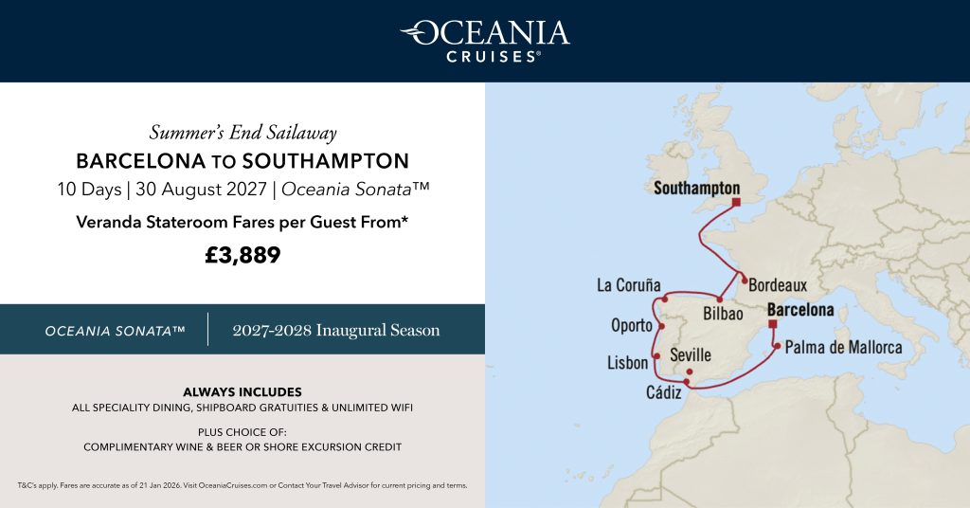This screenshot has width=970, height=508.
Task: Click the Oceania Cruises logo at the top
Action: click(x=484, y=40)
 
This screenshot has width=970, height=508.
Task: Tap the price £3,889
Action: click(x=242, y=255)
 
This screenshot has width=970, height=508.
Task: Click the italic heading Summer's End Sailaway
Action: click(x=242, y=132)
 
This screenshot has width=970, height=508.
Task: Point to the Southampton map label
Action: click(x=696, y=189)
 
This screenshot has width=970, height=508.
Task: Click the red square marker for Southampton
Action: click(x=735, y=201)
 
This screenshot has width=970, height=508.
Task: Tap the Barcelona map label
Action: click(x=800, y=310)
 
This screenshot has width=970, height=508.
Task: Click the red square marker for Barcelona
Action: click(x=773, y=324)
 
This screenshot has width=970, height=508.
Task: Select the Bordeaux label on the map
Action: click(x=778, y=285)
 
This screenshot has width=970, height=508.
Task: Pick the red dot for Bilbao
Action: click(x=720, y=299)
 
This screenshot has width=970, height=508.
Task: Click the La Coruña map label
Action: click(x=628, y=285)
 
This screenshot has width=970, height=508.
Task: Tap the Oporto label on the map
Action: click(x=631, y=325)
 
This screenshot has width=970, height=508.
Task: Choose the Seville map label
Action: click(x=690, y=354)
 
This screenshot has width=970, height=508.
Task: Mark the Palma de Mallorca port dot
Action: click(x=777, y=347)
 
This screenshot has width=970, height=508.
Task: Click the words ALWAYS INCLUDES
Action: click(x=242, y=391)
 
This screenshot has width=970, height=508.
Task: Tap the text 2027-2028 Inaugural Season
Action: click(x=336, y=331)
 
